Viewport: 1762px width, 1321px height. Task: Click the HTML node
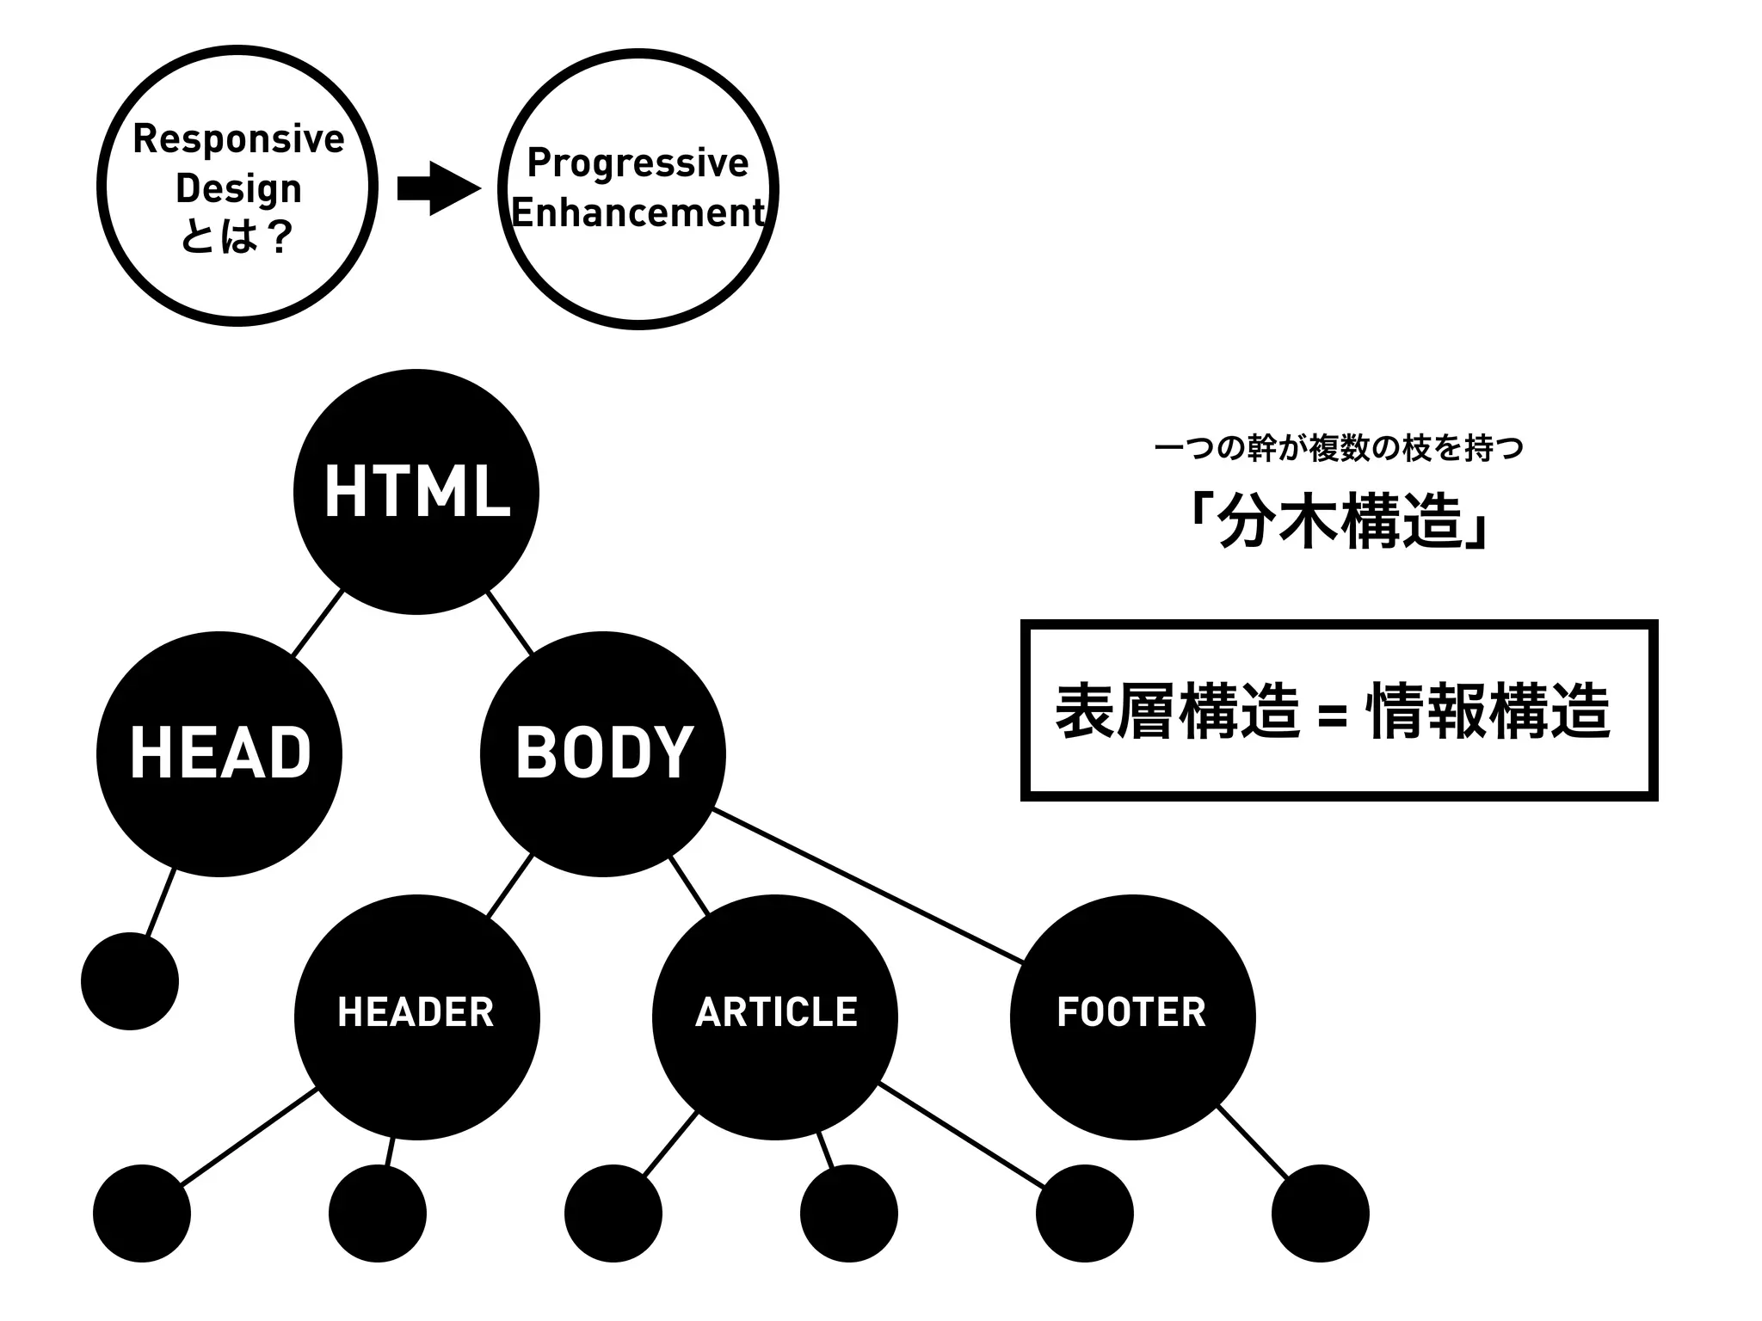pyautogui.click(x=416, y=492)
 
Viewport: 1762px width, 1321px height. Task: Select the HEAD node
pyautogui.click(x=219, y=754)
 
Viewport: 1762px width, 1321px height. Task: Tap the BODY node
pyautogui.click(x=602, y=754)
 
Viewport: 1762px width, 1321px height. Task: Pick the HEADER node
pyautogui.click(x=416, y=1017)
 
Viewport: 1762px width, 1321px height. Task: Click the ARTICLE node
pyautogui.click(x=775, y=1017)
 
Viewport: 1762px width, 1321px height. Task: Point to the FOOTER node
pyautogui.click(x=1132, y=1017)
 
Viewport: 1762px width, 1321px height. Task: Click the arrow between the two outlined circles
pyautogui.click(x=438, y=188)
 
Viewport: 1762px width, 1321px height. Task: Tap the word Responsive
pyautogui.click(x=238, y=139)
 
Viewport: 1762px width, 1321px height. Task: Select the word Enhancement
pyautogui.click(x=638, y=212)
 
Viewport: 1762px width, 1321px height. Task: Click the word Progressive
pyautogui.click(x=638, y=163)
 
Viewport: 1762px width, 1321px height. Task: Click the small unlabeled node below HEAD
pyautogui.click(x=130, y=981)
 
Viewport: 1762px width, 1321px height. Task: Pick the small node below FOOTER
pyautogui.click(x=1320, y=1213)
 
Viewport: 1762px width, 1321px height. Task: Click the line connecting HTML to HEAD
pyautogui.click(x=317, y=624)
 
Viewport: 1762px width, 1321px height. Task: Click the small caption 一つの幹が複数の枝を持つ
pyautogui.click(x=1339, y=449)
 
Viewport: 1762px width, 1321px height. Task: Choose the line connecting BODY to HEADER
pyautogui.click(x=509, y=886)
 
